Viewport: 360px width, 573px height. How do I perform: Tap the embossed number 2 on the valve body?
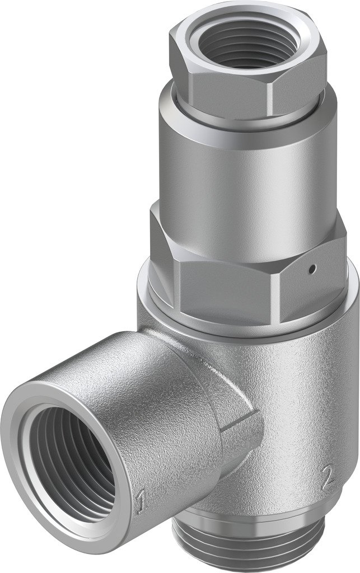[328, 477]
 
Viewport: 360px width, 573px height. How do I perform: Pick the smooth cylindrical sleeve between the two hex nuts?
[241, 168]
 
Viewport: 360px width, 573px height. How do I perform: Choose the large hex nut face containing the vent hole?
[308, 280]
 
